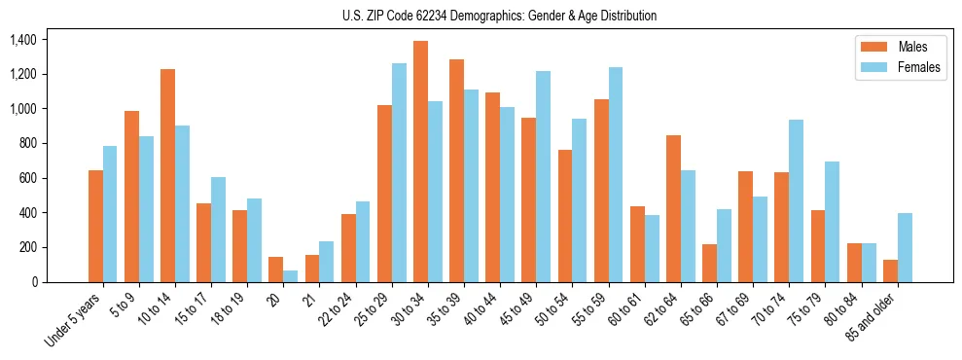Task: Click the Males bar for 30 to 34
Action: [x=420, y=162]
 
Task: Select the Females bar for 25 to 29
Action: [x=399, y=173]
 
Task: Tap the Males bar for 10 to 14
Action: [x=168, y=175]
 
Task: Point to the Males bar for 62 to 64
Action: [x=673, y=209]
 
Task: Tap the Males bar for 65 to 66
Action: [x=709, y=263]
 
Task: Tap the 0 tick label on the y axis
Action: [x=34, y=282]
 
